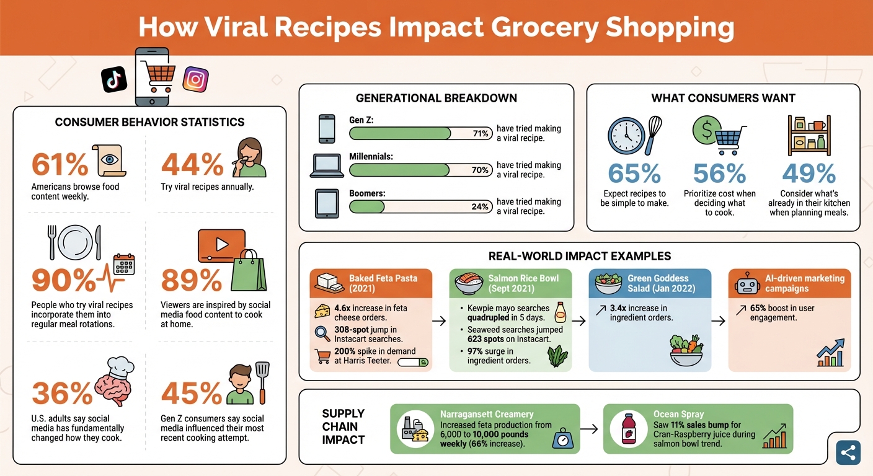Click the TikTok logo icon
[115, 79]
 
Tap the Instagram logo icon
[195, 79]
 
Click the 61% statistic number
[60, 165]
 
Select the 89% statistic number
[192, 281]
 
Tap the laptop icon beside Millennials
[327, 166]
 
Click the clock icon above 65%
[626, 135]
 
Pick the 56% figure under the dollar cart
[719, 174]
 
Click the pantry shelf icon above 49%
[809, 135]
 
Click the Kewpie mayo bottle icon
[560, 312]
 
